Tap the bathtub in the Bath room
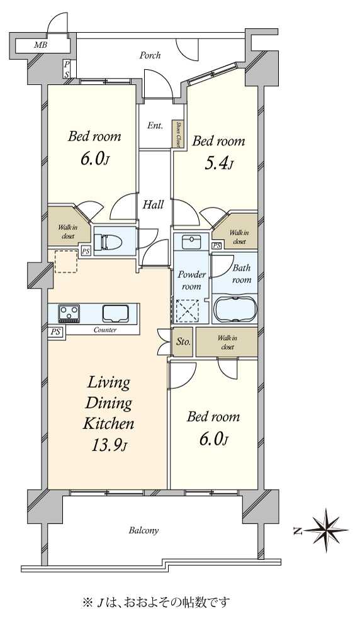coord(235,309)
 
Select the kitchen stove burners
coord(69,313)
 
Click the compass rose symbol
coord(327,530)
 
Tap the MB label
coord(40,45)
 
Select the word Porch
coord(150,55)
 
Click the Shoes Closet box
coord(177,135)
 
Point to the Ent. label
coord(155,126)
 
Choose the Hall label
coord(154,204)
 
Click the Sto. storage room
coord(183,342)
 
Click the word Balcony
coord(144,530)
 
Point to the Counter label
coord(105,330)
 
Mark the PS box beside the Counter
coord(55,332)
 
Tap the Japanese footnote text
coord(155,603)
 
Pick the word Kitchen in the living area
coord(108,423)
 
